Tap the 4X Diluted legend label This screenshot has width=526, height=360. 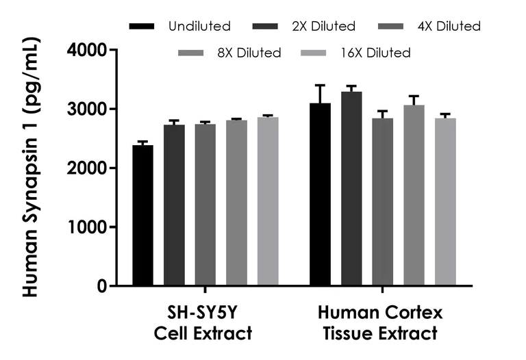click(449, 27)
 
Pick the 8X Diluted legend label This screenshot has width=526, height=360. click(249, 53)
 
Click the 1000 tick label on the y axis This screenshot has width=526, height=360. click(92, 227)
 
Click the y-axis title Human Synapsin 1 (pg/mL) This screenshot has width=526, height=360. click(32, 168)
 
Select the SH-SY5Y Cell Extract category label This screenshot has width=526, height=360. click(204, 324)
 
